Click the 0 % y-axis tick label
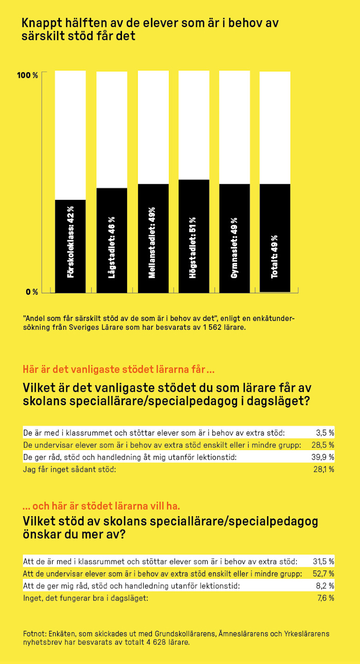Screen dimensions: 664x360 31,292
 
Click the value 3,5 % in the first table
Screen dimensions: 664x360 325,433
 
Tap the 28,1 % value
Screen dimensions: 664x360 323,469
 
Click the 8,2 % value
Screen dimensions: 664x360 325,586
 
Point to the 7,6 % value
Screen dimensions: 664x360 325,598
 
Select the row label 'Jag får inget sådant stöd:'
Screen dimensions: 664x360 69,469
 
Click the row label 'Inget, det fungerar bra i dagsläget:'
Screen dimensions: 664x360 86,598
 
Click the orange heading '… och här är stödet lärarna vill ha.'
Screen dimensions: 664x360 101,507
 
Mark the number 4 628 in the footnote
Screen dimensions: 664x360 143,642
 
